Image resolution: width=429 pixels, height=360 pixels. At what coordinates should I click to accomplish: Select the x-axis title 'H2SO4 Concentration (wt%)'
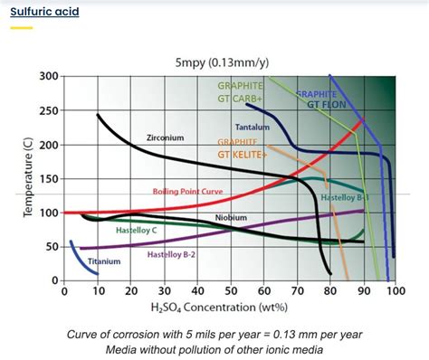[x=227, y=309]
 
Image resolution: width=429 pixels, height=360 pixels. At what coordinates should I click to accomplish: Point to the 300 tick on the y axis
[x=48, y=76]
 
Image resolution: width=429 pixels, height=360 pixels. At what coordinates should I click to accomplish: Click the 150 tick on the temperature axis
[x=48, y=178]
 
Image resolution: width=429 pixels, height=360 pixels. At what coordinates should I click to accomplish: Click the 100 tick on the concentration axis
[x=395, y=292]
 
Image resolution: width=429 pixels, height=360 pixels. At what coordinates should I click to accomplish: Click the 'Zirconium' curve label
[x=164, y=137]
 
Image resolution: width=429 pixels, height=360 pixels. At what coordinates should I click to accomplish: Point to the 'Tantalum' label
[x=253, y=127]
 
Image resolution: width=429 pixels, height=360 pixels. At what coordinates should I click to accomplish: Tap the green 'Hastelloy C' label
[x=138, y=230]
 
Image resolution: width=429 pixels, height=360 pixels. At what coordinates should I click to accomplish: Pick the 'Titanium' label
[x=103, y=261]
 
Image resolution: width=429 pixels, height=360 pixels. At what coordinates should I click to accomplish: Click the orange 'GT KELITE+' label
[x=243, y=154]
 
